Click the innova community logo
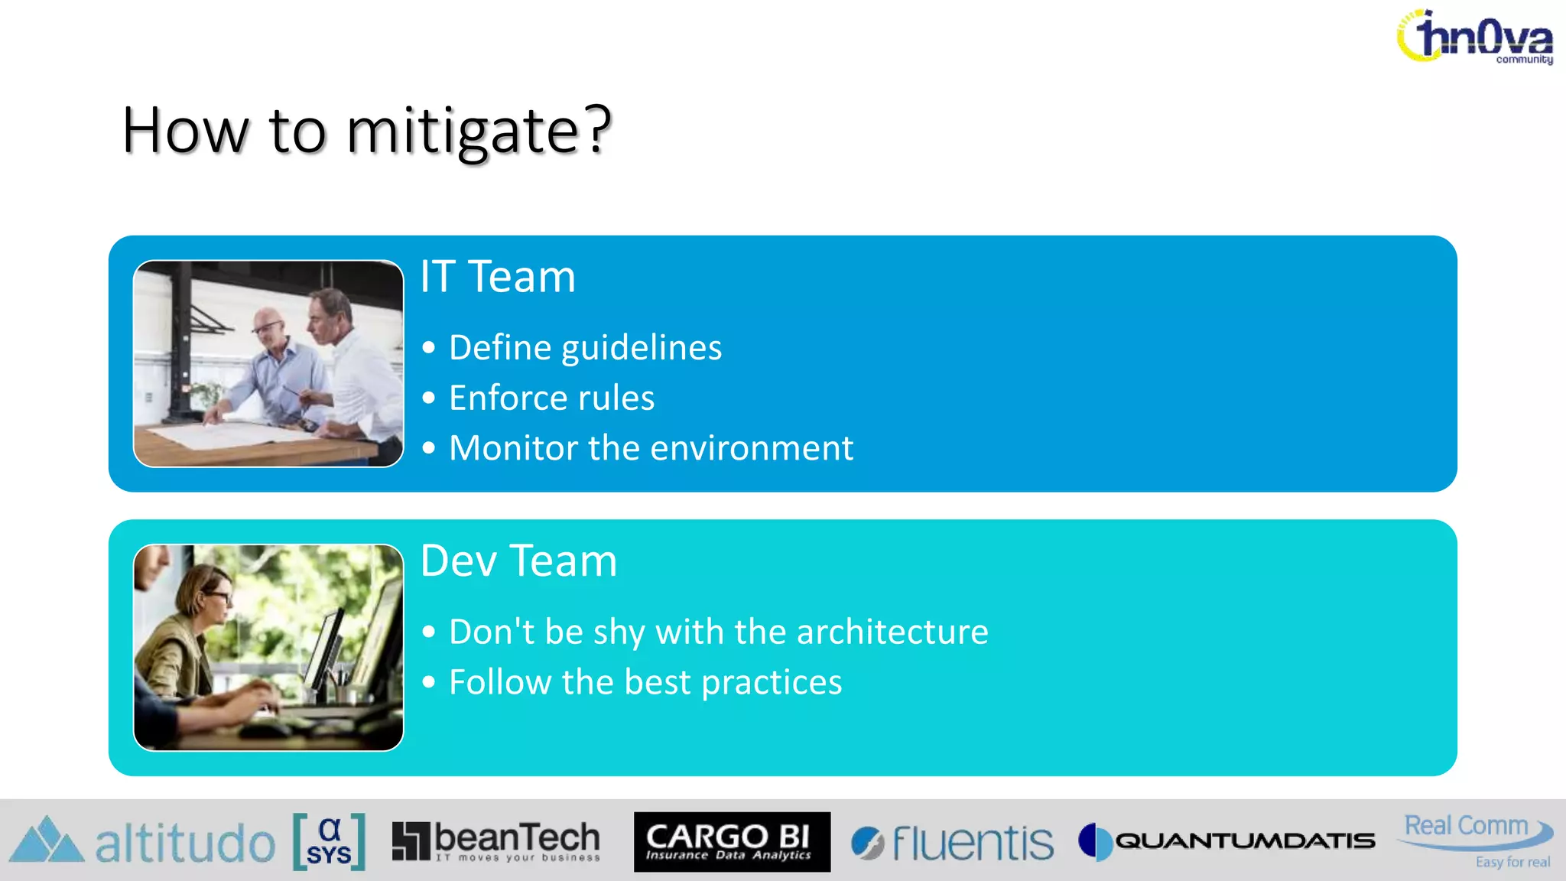pos(1476,37)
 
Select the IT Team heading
pos(498,277)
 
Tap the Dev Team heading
pos(518,561)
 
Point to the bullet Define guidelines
pos(585,348)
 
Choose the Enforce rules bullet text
pos(551,398)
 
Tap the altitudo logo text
pos(184,844)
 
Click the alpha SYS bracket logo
pos(329,841)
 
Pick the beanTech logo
pos(496,841)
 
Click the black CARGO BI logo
pos(732,841)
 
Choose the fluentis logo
pos(953,843)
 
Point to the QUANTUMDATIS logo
pos(1226,841)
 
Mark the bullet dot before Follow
pos(429,682)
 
